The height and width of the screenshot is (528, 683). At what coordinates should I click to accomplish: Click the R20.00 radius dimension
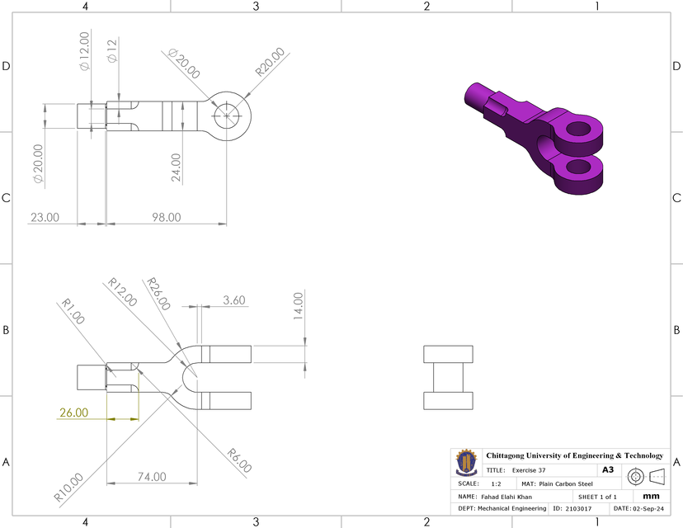click(x=270, y=62)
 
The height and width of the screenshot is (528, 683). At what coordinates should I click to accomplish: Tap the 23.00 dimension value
click(x=45, y=217)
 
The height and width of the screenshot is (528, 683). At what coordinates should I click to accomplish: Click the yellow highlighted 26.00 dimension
click(x=74, y=412)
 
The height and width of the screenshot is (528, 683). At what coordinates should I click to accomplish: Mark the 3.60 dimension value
click(x=234, y=301)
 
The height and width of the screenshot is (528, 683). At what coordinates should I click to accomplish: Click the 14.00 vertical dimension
click(x=299, y=306)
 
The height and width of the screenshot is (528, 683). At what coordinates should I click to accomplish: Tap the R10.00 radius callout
click(x=69, y=487)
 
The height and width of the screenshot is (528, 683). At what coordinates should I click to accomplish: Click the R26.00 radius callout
click(x=158, y=294)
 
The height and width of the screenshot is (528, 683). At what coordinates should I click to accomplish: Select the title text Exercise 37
click(x=529, y=469)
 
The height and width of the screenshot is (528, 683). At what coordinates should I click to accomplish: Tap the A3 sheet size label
click(x=608, y=469)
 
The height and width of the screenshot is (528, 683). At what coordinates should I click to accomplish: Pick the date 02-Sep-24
click(x=648, y=509)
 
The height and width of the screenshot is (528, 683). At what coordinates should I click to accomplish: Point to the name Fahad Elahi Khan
click(x=506, y=497)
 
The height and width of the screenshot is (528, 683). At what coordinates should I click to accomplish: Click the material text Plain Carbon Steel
click(x=568, y=483)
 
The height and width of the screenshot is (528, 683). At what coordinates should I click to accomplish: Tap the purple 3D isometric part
click(x=540, y=132)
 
